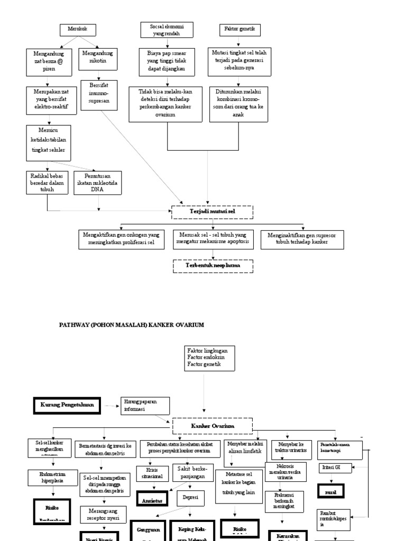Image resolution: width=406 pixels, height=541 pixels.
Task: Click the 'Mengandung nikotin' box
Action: (x=98, y=60)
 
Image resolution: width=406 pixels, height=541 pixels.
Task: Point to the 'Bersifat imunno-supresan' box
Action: (x=99, y=95)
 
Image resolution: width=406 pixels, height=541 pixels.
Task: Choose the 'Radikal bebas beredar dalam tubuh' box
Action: (x=47, y=182)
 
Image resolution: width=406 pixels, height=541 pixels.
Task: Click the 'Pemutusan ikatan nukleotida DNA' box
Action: (x=97, y=182)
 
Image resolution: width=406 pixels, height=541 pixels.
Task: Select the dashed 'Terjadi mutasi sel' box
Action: (x=213, y=211)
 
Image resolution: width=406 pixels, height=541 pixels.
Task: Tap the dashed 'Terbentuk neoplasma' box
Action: (x=213, y=266)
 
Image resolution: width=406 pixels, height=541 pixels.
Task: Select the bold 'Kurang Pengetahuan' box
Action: (x=67, y=405)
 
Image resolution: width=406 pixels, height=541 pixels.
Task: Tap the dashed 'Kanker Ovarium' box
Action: (x=213, y=426)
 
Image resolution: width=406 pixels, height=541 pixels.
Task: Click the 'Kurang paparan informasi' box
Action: (x=146, y=405)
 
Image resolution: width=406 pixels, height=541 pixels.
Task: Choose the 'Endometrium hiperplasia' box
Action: (x=52, y=477)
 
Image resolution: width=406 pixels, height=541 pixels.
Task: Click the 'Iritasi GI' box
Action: (x=331, y=468)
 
